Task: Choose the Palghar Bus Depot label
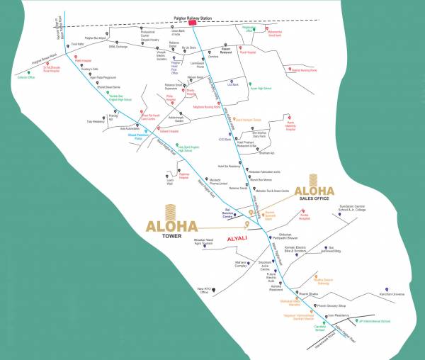pos(99,37)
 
